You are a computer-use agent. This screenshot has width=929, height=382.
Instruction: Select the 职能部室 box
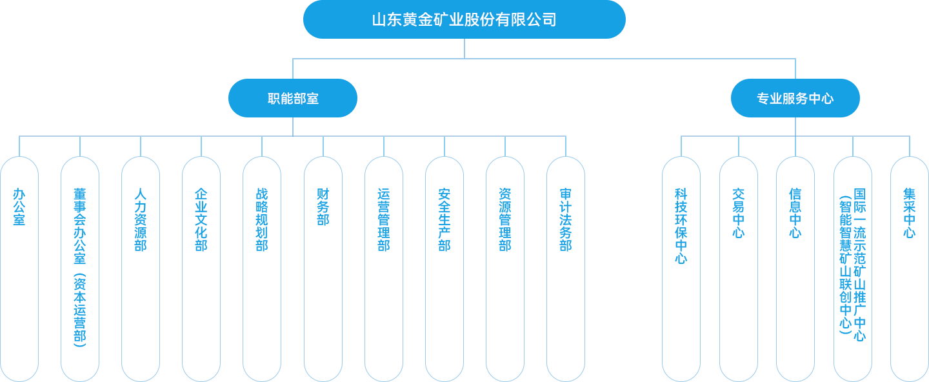(x=293, y=98)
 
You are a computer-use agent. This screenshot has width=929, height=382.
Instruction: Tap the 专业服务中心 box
(x=795, y=98)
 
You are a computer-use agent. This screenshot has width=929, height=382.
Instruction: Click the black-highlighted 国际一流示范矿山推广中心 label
(x=853, y=265)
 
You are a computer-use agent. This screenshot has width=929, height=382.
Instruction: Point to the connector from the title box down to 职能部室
(x=293, y=68)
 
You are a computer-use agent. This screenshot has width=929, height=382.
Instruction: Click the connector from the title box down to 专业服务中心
(x=795, y=68)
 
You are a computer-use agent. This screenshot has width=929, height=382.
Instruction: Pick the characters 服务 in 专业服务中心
(x=795, y=99)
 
